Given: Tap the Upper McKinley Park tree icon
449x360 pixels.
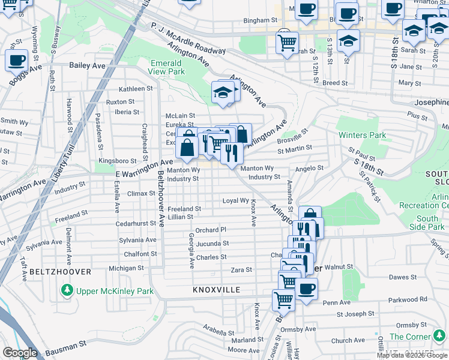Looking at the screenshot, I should click(67, 292).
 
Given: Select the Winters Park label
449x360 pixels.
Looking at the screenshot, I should click(362, 135).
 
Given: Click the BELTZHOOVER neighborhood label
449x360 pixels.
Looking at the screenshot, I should click(59, 272).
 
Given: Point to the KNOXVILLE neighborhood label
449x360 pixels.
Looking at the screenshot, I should click(217, 290).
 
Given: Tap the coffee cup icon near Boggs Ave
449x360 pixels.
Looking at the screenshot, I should click(16, 60).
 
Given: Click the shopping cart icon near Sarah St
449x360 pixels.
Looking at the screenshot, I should click(287, 42).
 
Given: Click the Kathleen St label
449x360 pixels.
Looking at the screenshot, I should click(136, 89).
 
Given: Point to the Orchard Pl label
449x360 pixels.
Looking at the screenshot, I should click(211, 230).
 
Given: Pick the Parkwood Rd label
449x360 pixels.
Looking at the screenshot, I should click(408, 299).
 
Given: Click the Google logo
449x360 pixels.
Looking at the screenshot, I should click(19, 353).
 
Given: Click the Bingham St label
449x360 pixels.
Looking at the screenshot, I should click(259, 20).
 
